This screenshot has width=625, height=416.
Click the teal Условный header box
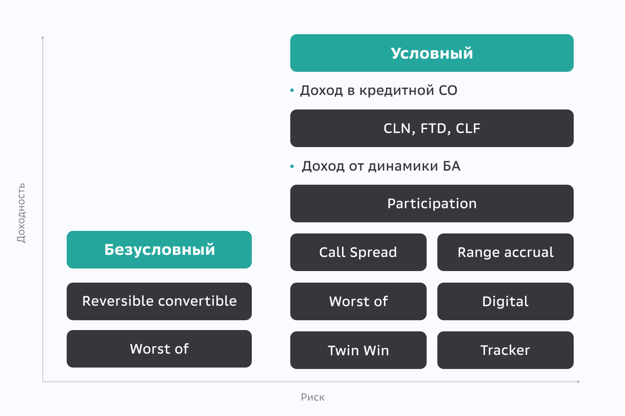pos(432,53)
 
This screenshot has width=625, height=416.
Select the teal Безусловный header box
pos(159,250)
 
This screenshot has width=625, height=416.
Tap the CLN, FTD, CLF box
pos(432,128)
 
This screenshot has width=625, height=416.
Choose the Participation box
pos(432,204)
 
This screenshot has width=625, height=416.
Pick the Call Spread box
pos(358,252)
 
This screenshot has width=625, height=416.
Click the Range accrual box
pos(505,252)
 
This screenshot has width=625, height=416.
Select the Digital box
pos(505,301)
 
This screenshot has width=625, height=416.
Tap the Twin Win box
pos(358,350)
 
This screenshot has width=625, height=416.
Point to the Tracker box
pos(505,350)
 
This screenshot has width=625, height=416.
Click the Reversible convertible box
pos(159,301)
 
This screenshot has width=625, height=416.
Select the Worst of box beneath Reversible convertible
pos(159,349)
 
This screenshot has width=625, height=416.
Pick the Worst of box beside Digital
pos(358,301)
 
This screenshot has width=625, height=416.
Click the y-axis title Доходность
pos(21,213)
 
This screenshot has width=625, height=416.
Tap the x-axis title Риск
pos(312,397)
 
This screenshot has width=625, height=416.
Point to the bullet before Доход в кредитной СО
pos(292,90)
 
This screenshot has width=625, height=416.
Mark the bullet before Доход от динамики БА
pos(292,166)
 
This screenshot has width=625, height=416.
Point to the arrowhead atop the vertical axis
pos(43,38)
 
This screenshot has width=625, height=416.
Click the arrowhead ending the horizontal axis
pos(578,381)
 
